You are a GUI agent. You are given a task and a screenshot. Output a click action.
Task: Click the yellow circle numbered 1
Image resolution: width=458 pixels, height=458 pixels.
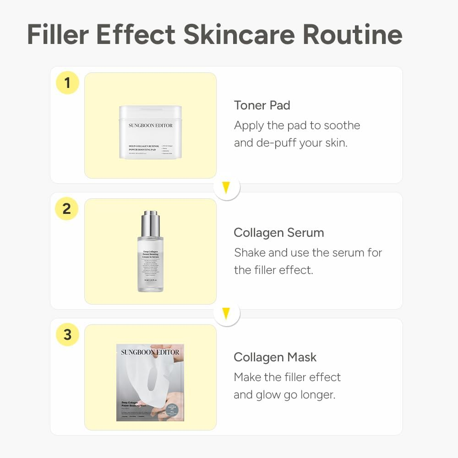pyautogui.click(x=67, y=83)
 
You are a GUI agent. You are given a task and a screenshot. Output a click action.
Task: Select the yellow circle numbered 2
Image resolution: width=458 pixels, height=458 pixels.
pyautogui.click(x=67, y=209)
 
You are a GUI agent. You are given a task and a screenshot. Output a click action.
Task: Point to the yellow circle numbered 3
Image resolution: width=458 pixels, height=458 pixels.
pyautogui.click(x=67, y=335)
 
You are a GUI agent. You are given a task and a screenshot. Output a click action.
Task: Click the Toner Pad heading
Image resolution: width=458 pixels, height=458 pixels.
pyautogui.click(x=262, y=105)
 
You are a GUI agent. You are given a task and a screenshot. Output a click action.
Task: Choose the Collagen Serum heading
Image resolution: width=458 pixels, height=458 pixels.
pyautogui.click(x=278, y=233)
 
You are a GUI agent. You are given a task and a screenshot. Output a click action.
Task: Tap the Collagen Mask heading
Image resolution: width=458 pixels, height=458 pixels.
pyautogui.click(x=275, y=357)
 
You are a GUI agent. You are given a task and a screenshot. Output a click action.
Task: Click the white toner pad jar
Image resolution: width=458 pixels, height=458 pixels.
pyautogui.click(x=150, y=132)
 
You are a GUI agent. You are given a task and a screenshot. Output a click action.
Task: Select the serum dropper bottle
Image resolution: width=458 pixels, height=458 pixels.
pyautogui.click(x=150, y=256)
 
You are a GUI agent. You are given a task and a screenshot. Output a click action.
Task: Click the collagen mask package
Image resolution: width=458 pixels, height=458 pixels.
pyautogui.click(x=150, y=382)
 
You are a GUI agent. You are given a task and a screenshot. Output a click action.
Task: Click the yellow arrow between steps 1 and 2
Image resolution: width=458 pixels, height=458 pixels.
pyautogui.click(x=226, y=187)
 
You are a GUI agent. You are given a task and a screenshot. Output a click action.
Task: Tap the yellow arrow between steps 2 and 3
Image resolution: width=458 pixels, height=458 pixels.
pyautogui.click(x=226, y=314)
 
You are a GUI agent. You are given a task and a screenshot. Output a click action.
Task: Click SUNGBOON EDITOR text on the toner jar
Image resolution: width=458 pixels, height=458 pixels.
pyautogui.click(x=150, y=125)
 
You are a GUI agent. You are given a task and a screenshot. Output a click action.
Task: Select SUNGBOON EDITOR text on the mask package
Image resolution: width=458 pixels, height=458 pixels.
pyautogui.click(x=150, y=352)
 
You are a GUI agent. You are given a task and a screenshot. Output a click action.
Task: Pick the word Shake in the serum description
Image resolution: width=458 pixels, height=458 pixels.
pyautogui.click(x=250, y=253)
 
